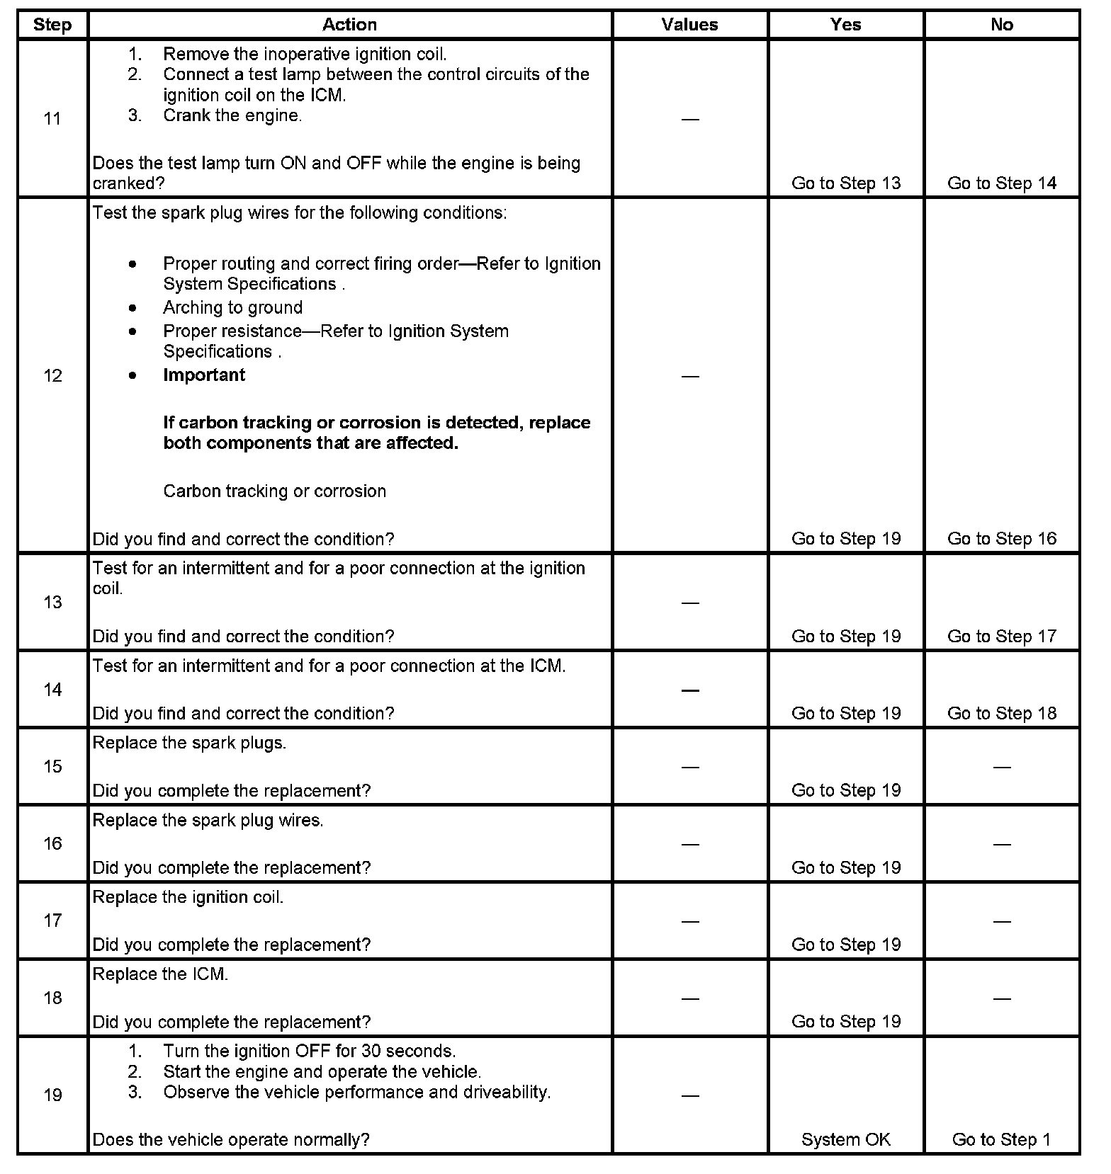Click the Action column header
349,25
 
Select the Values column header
689,25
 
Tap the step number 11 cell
52,119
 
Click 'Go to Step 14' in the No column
1001,183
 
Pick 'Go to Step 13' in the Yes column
845,183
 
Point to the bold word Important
204,375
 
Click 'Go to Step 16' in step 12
1001,539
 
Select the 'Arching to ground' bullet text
232,308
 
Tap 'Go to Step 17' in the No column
1001,637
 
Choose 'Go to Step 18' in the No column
1001,714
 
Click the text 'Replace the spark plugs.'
189,743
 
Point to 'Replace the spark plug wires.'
208,821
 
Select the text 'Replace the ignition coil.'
188,898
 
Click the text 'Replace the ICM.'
160,975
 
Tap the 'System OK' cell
845,1140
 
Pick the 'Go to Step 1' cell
1001,1140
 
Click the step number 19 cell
52,1095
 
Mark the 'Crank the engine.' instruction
232,116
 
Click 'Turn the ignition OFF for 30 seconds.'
309,1052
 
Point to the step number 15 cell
52,767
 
